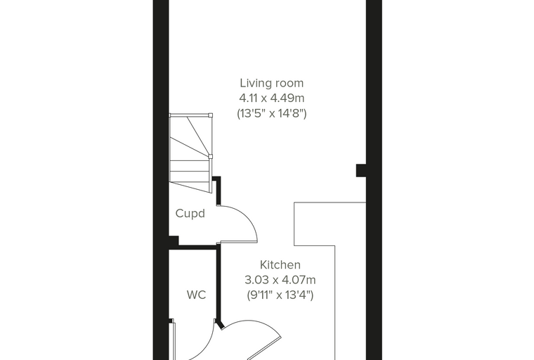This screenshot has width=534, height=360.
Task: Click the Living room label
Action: [271, 83]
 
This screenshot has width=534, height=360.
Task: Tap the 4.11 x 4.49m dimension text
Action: [272, 98]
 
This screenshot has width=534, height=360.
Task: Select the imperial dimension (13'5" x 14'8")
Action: [272, 113]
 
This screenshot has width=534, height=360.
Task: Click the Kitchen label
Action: [280, 265]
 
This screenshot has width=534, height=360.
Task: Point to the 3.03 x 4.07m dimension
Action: [280, 280]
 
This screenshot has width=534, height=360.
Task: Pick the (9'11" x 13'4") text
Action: [280, 295]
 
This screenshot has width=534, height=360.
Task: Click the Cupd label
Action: [190, 214]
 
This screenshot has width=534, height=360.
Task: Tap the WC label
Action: [196, 295]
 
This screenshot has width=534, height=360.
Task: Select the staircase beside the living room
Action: [190, 153]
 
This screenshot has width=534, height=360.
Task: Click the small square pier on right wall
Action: [361, 170]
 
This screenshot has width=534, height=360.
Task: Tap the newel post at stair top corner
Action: [210, 115]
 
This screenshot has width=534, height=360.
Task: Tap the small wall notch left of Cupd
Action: [174, 240]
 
